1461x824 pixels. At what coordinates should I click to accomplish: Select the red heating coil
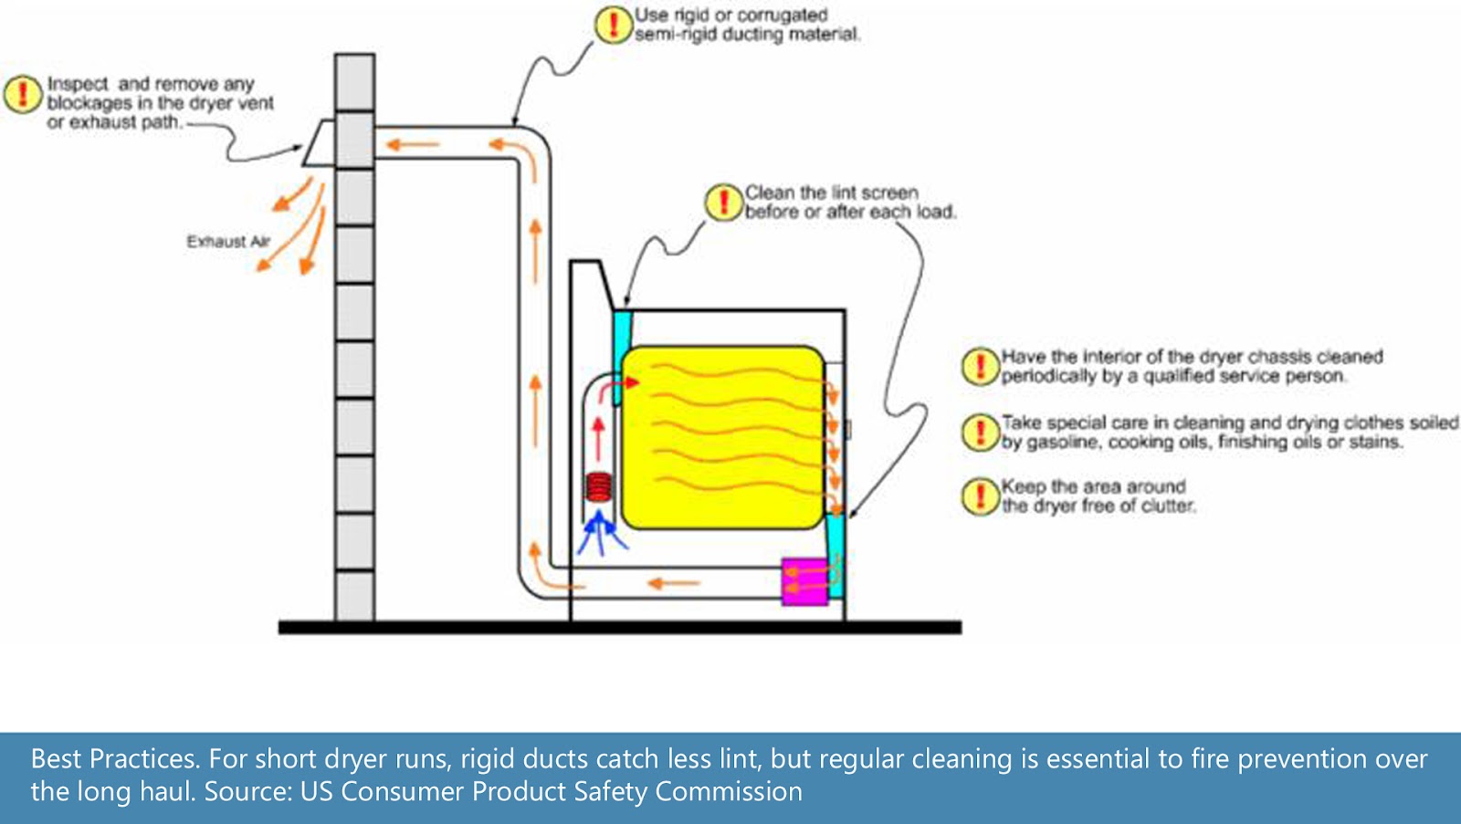tap(600, 486)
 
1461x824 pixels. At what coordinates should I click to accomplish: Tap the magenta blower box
tap(804, 581)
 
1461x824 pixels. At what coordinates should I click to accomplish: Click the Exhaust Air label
tap(228, 242)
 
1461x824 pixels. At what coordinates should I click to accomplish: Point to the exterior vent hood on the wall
tap(320, 145)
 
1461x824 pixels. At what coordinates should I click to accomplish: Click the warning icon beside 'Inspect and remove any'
tap(22, 94)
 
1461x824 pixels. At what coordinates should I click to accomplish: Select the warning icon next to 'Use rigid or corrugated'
tap(613, 24)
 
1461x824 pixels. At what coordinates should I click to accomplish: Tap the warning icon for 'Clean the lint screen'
tap(723, 202)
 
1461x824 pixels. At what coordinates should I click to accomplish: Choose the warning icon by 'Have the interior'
tap(980, 366)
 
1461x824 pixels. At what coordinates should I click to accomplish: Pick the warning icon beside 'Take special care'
tap(980, 432)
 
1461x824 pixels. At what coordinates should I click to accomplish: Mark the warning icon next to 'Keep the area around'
tap(980, 495)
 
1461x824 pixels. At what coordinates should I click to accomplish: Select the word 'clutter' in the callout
tap(1164, 506)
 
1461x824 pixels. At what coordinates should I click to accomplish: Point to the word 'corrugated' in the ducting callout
tap(782, 16)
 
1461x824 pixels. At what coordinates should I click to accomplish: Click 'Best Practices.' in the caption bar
tap(114, 759)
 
